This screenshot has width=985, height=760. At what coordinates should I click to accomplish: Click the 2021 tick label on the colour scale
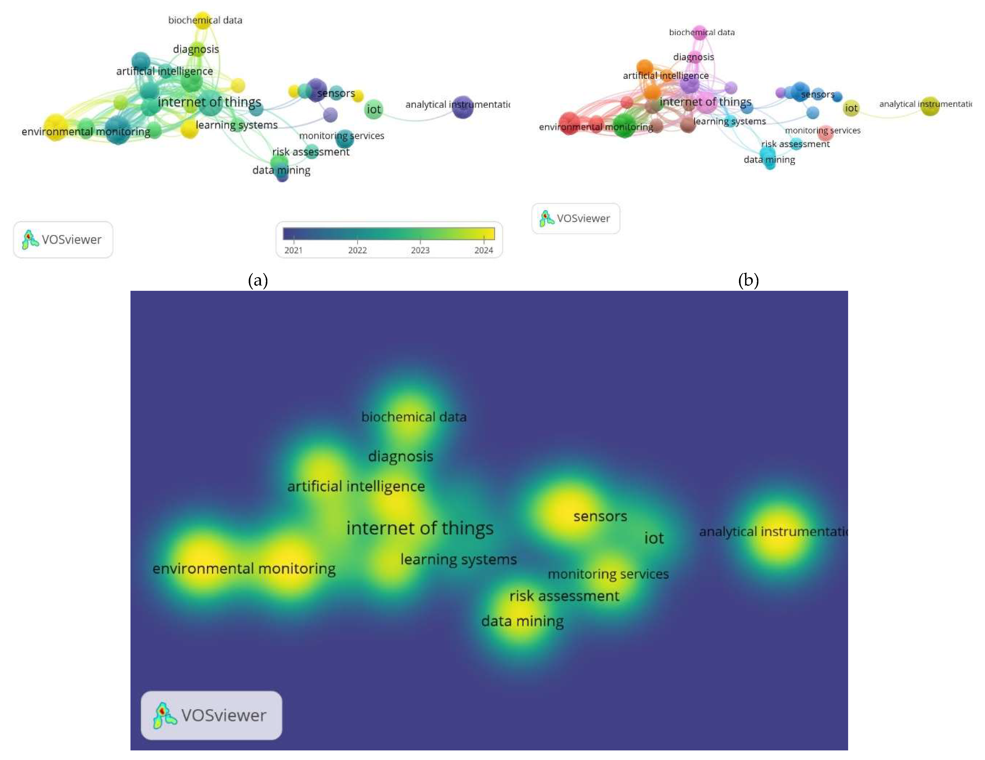point(293,250)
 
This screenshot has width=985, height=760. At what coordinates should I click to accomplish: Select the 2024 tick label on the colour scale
point(484,250)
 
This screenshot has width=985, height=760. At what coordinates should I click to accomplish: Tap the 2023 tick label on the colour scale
point(420,250)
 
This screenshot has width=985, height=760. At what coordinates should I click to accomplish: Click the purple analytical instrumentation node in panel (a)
point(462,107)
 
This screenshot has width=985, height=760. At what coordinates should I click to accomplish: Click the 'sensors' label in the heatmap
point(600,516)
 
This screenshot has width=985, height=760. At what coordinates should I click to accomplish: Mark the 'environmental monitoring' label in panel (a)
point(86,132)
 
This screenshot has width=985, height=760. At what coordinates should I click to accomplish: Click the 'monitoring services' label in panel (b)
point(823,130)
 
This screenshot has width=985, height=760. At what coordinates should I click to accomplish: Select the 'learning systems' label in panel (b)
point(729,121)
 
